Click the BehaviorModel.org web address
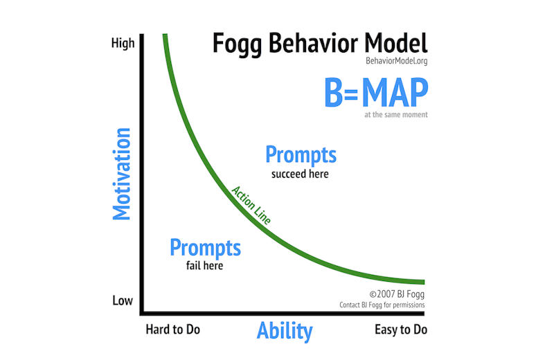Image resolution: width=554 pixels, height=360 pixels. tap(397, 62)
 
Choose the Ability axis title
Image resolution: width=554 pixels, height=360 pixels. tap(285, 330)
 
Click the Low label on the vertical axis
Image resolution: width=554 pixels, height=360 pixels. tap(123, 300)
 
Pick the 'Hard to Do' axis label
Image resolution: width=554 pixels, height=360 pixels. tap(172, 330)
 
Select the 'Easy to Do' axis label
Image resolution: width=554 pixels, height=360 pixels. tap(401, 330)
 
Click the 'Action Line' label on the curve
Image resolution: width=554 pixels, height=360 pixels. tap(251, 204)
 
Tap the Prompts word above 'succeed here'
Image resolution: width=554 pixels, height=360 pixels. tap(301, 154)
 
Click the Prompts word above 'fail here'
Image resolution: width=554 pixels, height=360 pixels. tap(205, 247)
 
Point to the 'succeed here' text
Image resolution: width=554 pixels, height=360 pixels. tap(300, 174)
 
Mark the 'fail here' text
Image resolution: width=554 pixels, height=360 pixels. tap(204, 266)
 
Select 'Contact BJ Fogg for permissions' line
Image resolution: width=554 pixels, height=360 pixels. tap(382, 305)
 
